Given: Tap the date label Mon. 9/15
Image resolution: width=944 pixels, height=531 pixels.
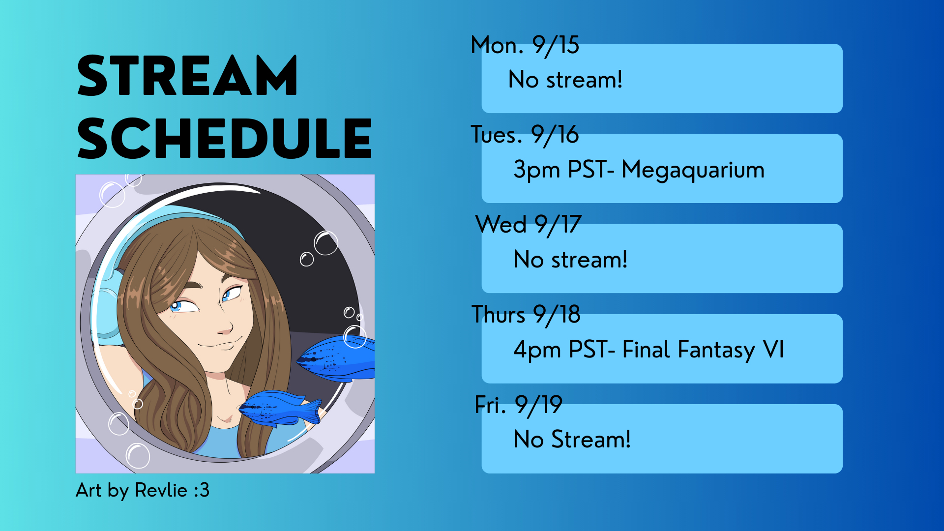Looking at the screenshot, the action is [x=525, y=46].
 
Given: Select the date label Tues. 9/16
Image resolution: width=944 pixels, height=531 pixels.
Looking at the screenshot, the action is [x=525, y=135].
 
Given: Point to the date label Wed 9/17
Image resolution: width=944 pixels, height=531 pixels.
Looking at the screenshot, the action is [x=529, y=225].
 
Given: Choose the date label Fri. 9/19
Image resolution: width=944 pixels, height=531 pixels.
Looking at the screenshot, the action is [x=518, y=405].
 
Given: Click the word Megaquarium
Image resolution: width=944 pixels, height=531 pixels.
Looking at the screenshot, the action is [x=693, y=170].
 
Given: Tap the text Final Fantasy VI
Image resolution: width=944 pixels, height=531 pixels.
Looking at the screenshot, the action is [x=703, y=350].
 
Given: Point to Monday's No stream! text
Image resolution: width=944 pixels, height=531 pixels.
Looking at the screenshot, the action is [x=565, y=80].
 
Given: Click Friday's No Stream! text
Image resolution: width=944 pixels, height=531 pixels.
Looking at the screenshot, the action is [x=572, y=440].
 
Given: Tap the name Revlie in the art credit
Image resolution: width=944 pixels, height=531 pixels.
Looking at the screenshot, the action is [x=161, y=490].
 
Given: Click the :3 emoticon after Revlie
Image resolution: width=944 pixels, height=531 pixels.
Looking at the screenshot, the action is [x=202, y=490].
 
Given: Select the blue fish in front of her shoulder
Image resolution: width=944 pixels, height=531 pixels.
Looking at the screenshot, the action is [x=280, y=408].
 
